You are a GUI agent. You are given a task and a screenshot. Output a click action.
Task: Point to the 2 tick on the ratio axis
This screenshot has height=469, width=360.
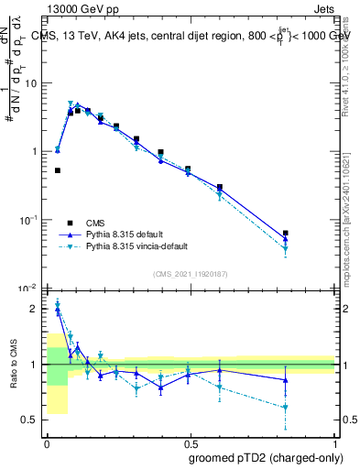(x=38, y=309)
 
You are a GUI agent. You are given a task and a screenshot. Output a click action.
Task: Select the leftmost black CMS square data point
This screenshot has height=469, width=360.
(x=58, y=170)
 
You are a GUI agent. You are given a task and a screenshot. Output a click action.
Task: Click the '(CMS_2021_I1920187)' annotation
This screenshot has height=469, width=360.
(x=190, y=274)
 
